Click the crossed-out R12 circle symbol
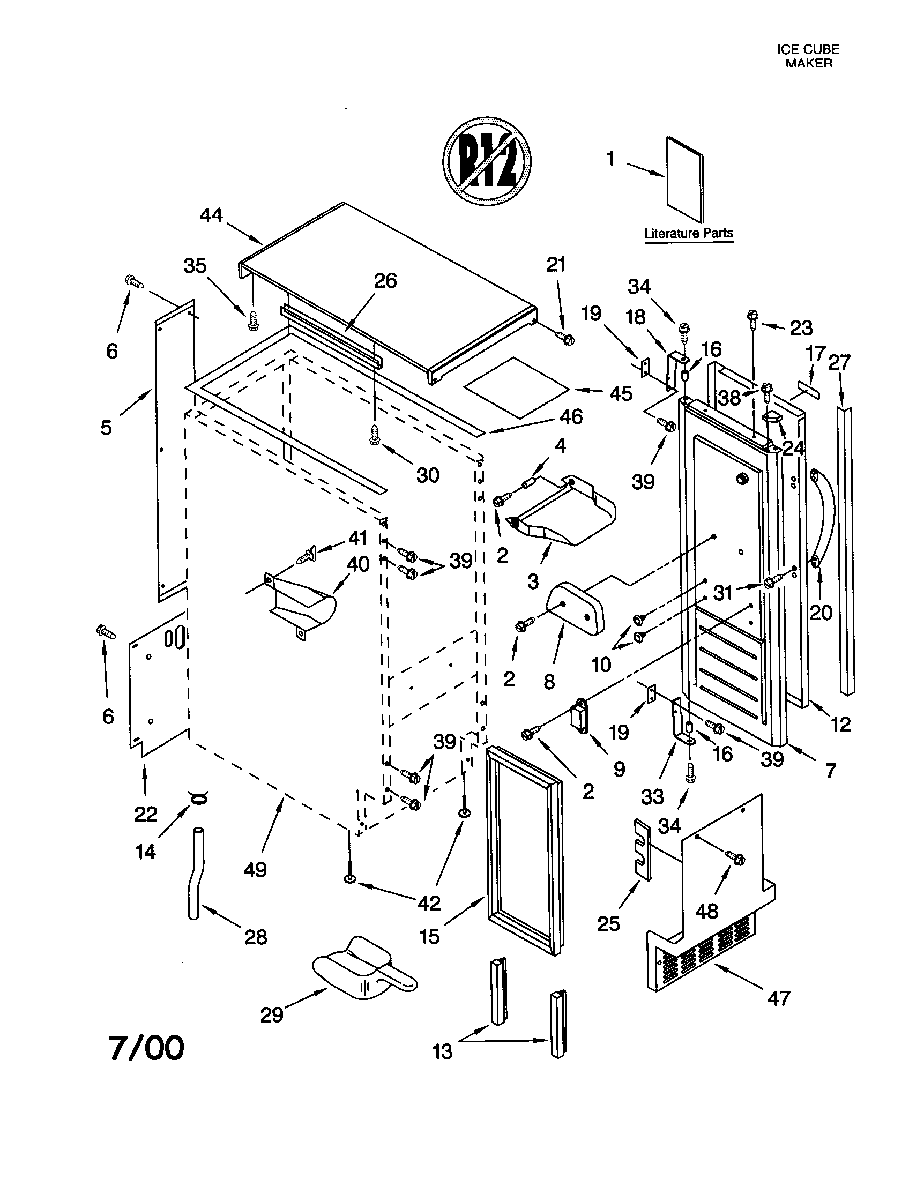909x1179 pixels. [x=487, y=161]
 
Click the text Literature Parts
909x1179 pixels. [x=689, y=234]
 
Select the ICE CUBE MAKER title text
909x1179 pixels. [x=808, y=56]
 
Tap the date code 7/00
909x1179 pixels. [x=147, y=1048]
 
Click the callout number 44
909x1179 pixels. [x=211, y=215]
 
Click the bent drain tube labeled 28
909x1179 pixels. [x=195, y=873]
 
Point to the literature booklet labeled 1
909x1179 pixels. [x=684, y=180]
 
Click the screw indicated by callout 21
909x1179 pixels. [x=567, y=339]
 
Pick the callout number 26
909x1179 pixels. [x=385, y=281]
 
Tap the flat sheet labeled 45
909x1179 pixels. [x=517, y=386]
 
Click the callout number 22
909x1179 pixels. [x=146, y=814]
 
